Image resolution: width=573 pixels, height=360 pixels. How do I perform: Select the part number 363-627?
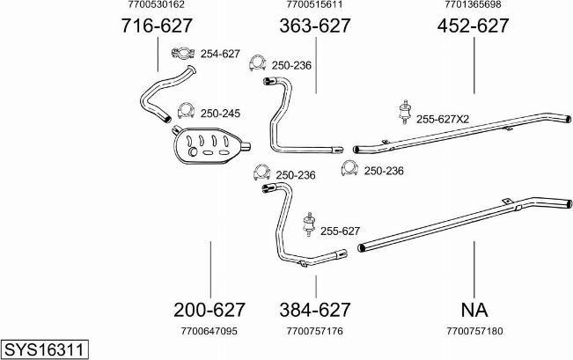pos(315,26)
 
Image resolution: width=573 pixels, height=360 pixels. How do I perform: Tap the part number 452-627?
pos(473,26)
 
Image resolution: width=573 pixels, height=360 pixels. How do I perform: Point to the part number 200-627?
pos(209,310)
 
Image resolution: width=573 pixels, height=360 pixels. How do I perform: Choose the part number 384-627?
pos(315,310)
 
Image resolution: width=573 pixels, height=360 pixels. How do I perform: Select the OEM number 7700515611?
pos(315,5)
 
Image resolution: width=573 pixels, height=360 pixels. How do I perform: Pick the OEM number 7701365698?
pos(474,5)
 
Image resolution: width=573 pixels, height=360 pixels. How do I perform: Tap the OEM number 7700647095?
pos(209,332)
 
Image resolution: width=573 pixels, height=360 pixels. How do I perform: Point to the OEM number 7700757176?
pos(315,332)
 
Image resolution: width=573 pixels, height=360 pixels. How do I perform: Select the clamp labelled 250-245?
pos(186,111)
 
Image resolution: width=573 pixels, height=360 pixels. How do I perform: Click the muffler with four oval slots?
pos(208,143)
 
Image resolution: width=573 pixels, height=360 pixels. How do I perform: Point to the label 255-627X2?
pos(443,119)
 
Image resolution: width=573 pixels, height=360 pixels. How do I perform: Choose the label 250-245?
pos(220,114)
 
